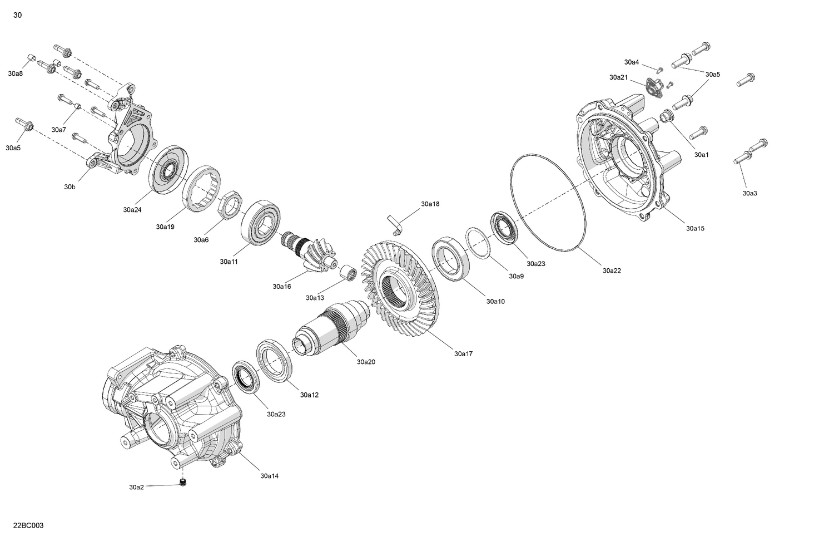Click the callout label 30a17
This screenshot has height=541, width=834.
click(x=463, y=354)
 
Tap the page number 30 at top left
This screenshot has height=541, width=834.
click(x=18, y=15)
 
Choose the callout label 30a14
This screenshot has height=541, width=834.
click(x=269, y=476)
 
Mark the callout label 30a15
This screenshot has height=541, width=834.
click(x=695, y=228)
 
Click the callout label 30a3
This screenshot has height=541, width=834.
click(x=749, y=193)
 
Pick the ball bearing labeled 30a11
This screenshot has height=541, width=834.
click(x=262, y=223)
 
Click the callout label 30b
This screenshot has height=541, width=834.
click(x=69, y=187)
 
